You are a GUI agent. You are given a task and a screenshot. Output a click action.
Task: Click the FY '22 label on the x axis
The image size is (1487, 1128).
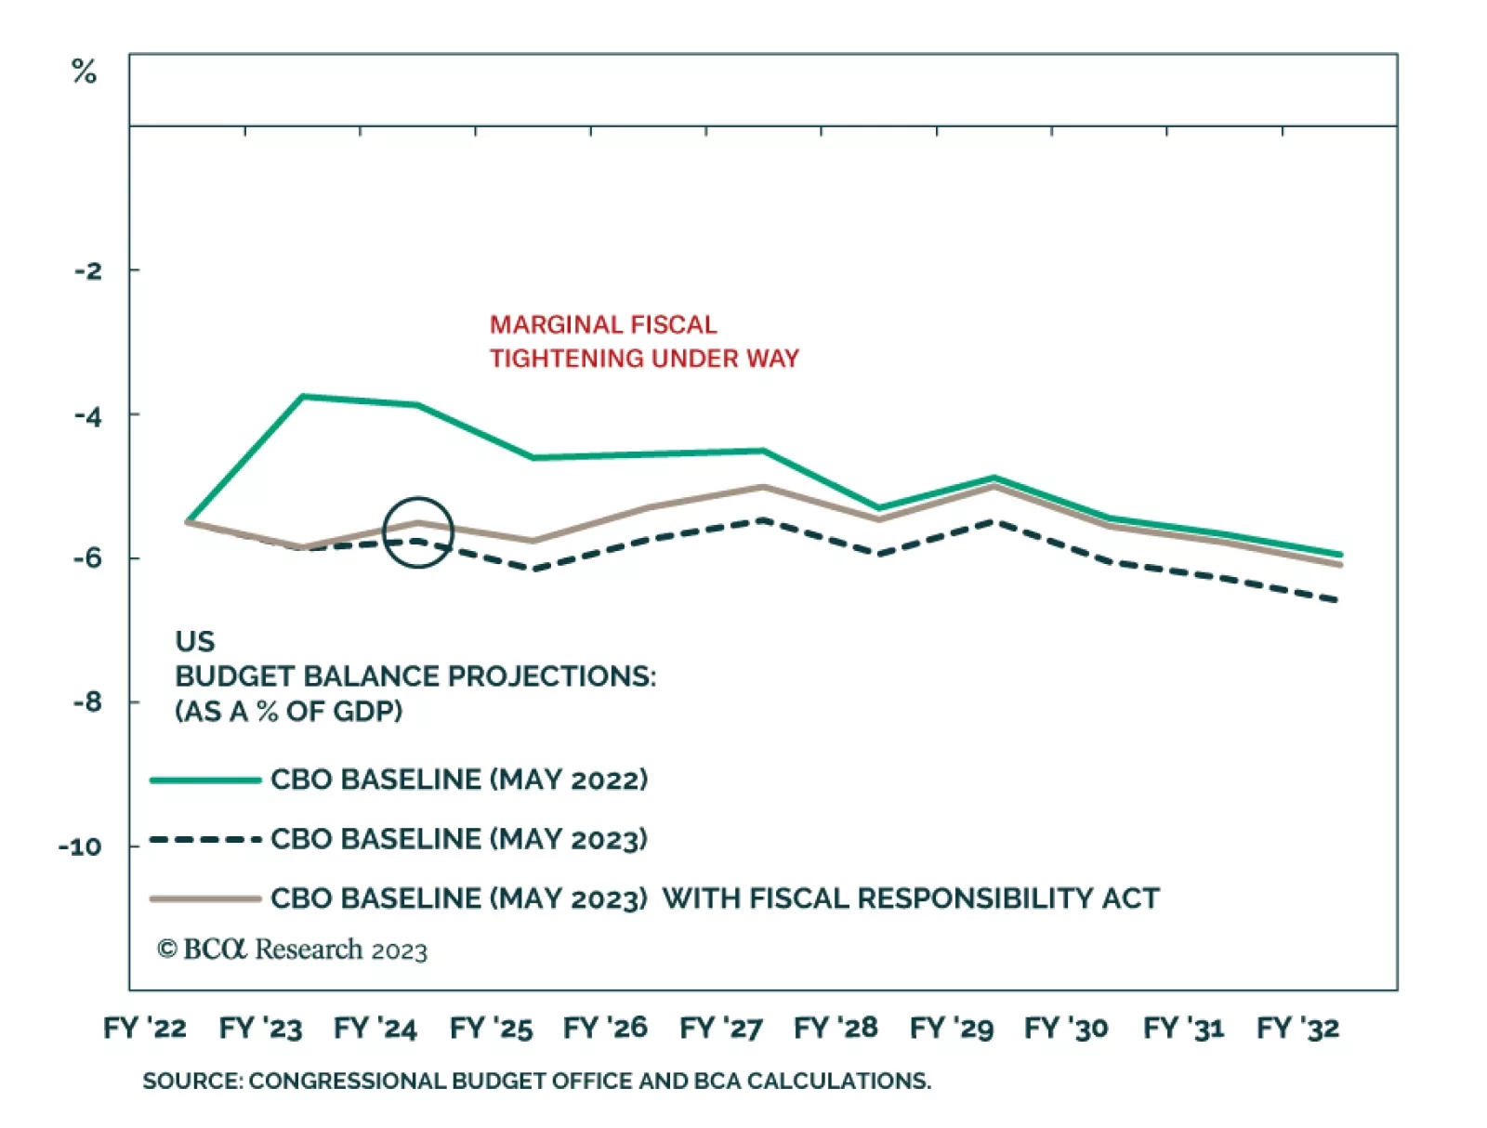tap(145, 1029)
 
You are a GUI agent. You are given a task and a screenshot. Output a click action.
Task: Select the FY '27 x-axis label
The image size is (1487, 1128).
tap(721, 1029)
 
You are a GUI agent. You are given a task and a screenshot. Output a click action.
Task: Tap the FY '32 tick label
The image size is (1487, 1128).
tap(1298, 1029)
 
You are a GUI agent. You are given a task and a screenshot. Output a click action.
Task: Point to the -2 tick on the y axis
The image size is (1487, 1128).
tap(89, 271)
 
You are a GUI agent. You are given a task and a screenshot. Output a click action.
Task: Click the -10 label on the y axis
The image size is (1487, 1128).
tap(81, 847)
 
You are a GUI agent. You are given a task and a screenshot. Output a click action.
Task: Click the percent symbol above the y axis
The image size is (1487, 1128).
tap(84, 72)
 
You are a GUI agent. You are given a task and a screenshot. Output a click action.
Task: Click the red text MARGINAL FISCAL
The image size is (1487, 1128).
tap(603, 325)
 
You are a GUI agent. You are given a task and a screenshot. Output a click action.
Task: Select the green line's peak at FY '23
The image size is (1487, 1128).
tap(303, 397)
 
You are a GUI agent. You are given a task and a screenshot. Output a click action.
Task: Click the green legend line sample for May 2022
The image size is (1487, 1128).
tap(205, 780)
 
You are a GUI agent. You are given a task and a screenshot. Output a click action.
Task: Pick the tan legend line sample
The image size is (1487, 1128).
tap(205, 899)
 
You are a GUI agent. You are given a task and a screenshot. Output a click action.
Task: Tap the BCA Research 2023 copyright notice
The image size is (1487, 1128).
tap(293, 950)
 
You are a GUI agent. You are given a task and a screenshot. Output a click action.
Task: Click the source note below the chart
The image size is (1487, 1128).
tap(536, 1082)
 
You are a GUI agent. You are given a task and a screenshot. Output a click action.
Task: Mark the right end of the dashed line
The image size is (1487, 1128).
tap(1336, 600)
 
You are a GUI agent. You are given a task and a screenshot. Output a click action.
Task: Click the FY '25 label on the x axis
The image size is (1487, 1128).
tap(491, 1029)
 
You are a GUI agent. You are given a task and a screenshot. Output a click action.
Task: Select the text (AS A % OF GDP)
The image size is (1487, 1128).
tap(289, 712)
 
